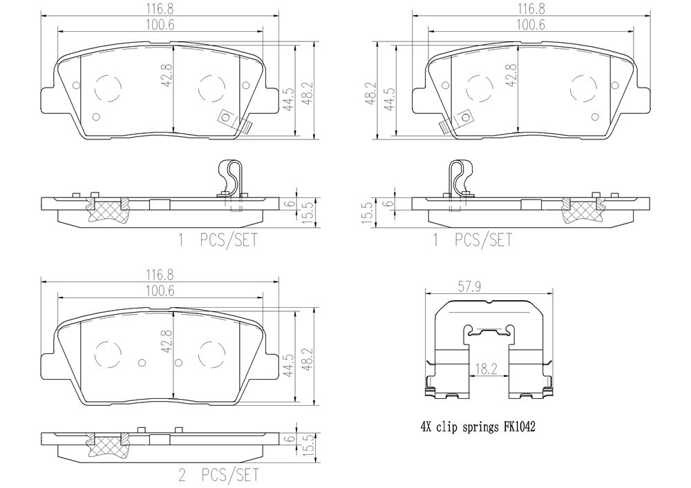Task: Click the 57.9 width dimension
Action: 469,287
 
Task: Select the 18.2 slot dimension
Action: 486,369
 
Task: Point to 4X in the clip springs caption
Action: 426,427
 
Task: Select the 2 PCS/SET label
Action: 218,475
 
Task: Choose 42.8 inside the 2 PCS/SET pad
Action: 166,342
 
